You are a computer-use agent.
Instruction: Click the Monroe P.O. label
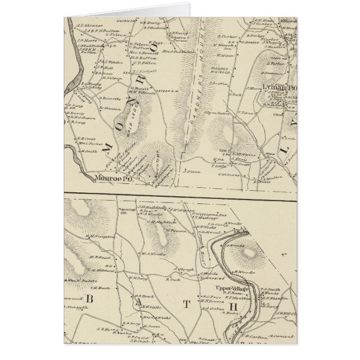112,180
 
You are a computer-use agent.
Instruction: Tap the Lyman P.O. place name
276,87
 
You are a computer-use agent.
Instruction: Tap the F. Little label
203,165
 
